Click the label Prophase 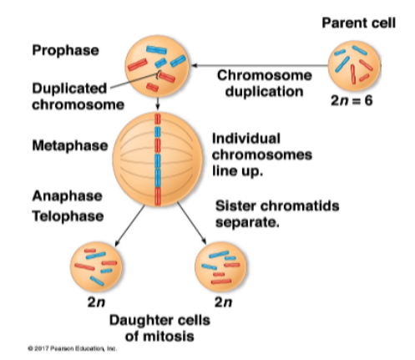65,51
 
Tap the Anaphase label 68,195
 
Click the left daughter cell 96,265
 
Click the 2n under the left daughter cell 95,302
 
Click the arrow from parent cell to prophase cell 259,63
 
